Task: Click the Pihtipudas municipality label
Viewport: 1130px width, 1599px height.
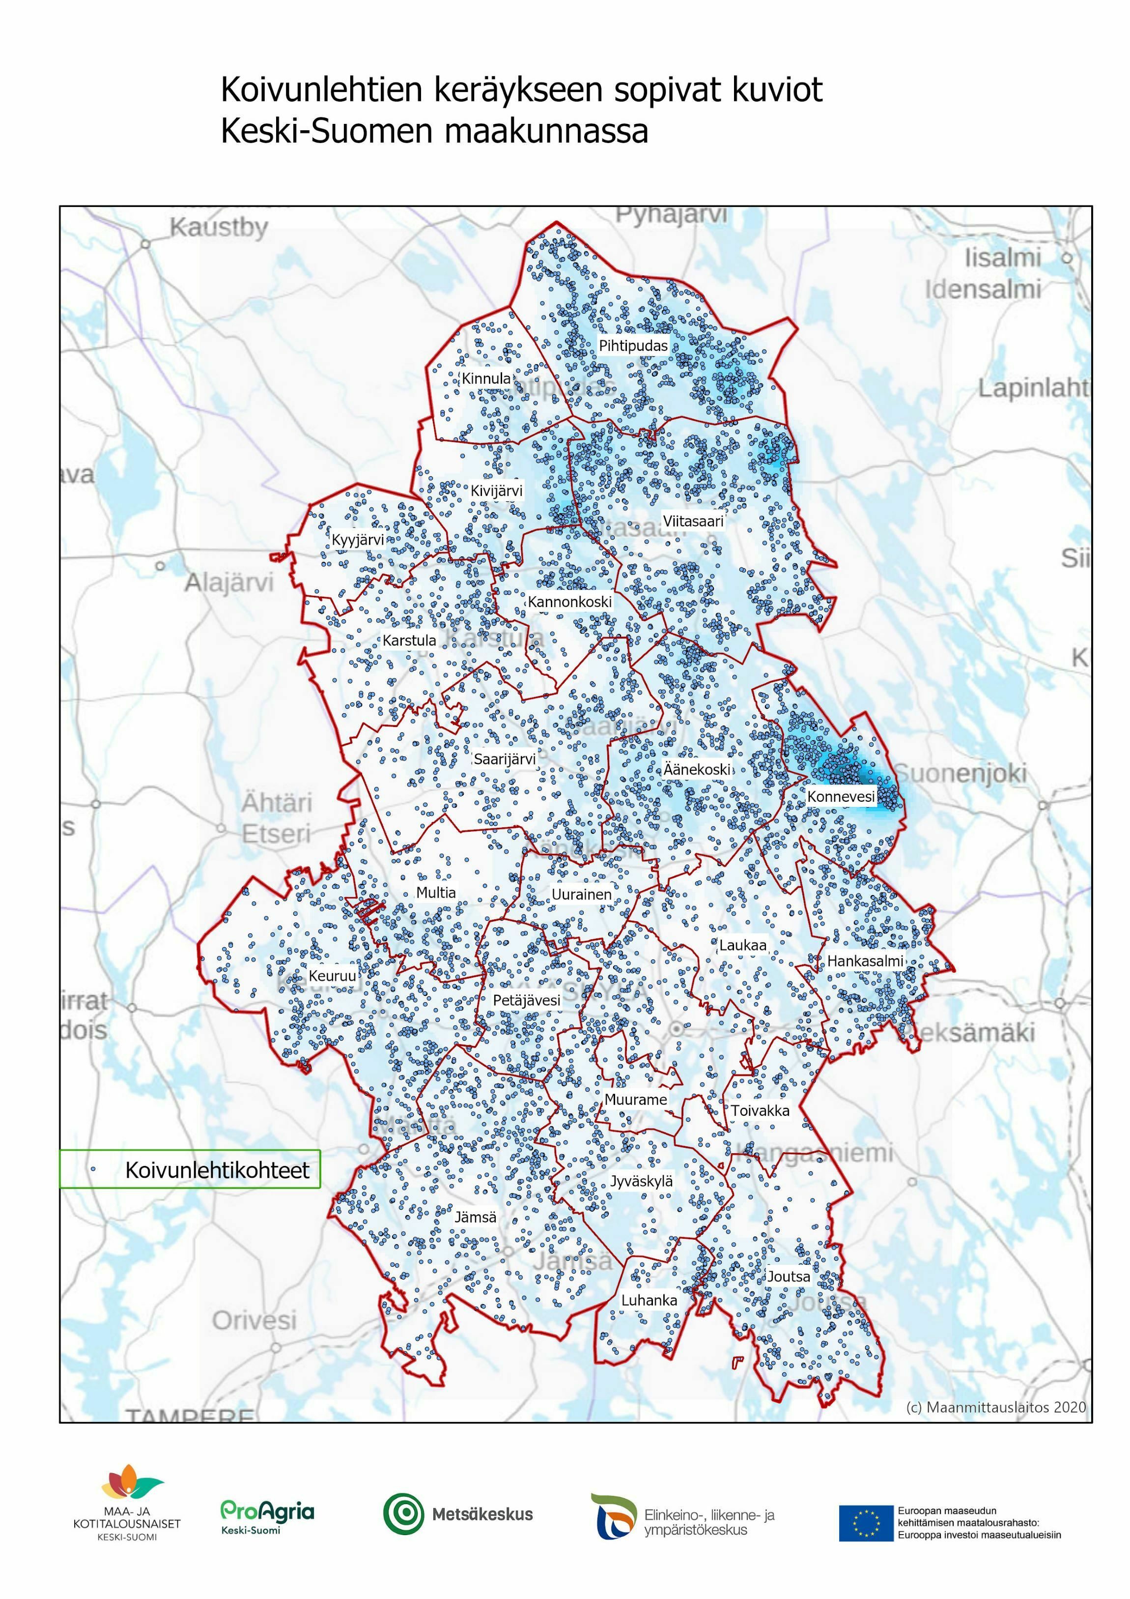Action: click(633, 346)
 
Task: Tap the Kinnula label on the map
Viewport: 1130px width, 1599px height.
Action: click(486, 379)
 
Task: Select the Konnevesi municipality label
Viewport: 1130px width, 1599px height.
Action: click(840, 796)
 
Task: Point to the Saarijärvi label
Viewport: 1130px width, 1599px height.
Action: click(504, 759)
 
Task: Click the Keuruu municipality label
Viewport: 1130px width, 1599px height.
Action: click(332, 976)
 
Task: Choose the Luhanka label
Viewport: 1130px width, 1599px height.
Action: click(649, 1300)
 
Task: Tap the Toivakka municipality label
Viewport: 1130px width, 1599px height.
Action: click(760, 1111)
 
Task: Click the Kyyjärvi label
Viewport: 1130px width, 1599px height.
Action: click(357, 540)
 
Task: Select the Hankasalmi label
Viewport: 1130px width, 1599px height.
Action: click(865, 961)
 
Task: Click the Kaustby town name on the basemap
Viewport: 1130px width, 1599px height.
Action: click(219, 228)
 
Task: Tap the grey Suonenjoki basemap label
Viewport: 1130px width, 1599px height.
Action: click(961, 773)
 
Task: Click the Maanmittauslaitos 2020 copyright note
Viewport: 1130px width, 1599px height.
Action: click(995, 1407)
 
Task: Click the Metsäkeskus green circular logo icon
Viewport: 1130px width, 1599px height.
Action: click(403, 1514)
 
